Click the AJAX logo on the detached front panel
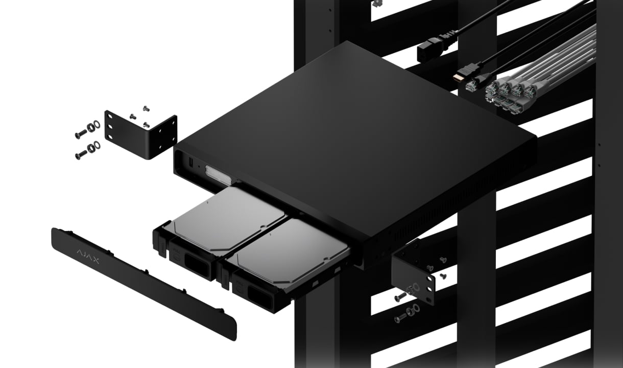(x=88, y=256)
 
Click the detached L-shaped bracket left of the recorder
(x=140, y=135)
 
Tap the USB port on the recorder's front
(x=191, y=163)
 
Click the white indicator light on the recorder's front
(x=218, y=175)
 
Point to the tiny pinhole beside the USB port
(x=198, y=167)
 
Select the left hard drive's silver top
(x=228, y=218)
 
